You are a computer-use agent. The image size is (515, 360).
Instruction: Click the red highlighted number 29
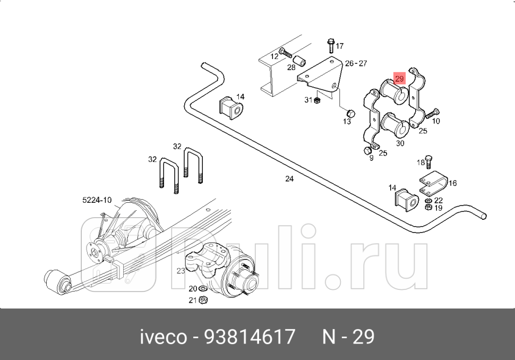coord(399,79)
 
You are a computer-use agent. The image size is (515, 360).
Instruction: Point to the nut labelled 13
coord(350,113)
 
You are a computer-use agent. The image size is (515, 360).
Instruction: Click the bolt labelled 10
coord(432,113)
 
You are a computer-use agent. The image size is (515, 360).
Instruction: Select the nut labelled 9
coord(367,151)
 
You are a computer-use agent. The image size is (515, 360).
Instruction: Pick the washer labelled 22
coord(428,201)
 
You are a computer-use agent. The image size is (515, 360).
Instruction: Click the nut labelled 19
coord(428,208)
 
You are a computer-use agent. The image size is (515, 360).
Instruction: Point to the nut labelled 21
coord(203,301)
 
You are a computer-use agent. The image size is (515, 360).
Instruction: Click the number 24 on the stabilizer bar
coord(289,179)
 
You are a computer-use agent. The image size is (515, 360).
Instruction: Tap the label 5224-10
coord(97,200)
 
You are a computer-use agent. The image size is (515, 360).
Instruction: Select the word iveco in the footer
coord(163,337)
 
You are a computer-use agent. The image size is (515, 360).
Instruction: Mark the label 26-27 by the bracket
coord(356,63)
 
